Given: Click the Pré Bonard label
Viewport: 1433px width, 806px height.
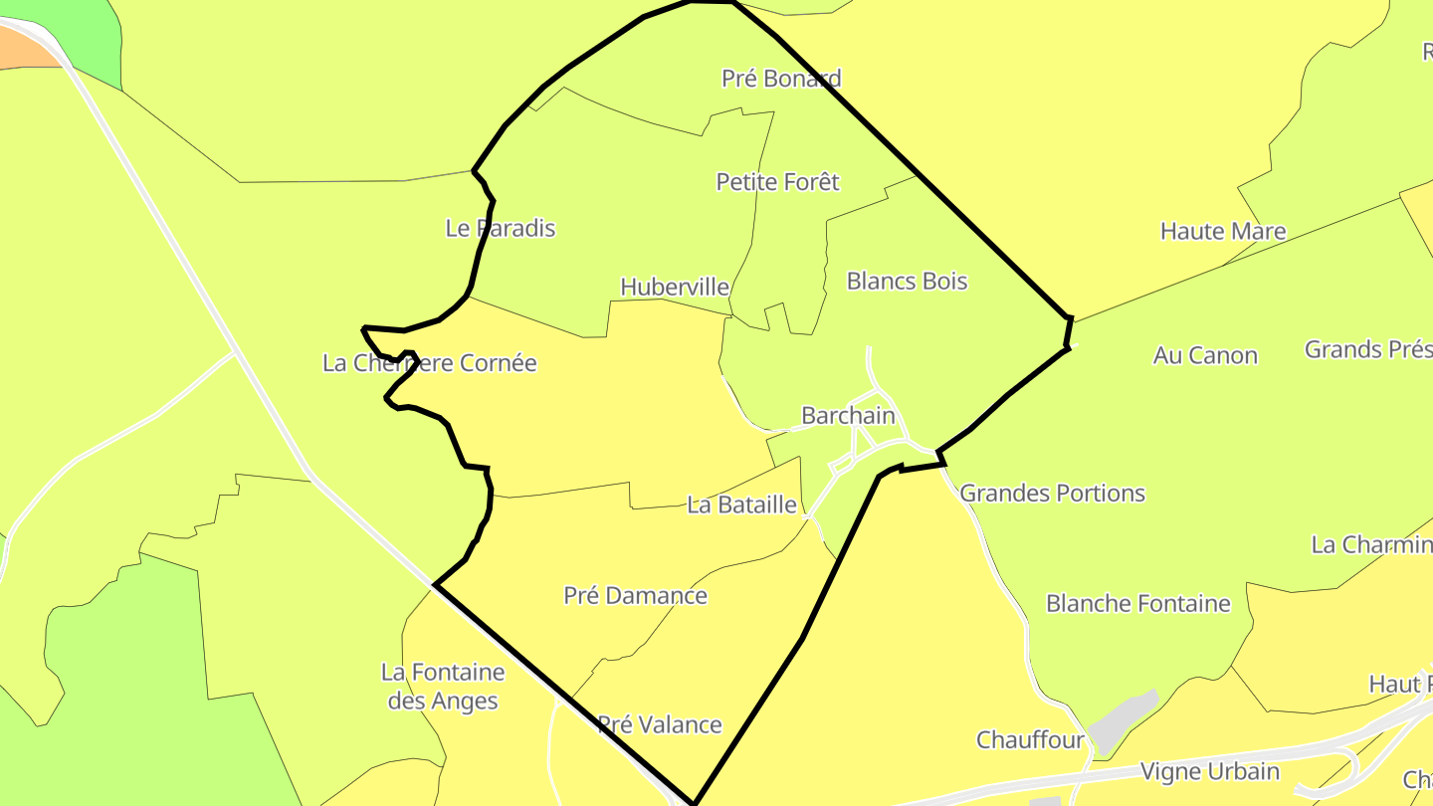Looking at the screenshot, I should point(781,79).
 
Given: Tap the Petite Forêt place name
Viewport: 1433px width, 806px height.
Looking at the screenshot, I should point(777,182).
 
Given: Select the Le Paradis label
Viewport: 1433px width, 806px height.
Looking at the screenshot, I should point(500,228).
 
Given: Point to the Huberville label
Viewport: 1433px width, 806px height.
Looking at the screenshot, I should point(674,288).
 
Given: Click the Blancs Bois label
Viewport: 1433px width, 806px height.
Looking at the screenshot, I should point(907,282).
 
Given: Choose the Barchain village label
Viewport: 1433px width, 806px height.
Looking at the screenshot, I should point(848,416).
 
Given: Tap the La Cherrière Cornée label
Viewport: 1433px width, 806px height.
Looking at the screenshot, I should point(429,363).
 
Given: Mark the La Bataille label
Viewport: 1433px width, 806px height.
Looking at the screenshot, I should point(741,505).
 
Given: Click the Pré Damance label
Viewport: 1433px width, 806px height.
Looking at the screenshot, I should point(635,596).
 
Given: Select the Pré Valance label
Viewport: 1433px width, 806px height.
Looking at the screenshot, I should point(659,724).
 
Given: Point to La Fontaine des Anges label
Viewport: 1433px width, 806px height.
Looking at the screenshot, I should point(443,687).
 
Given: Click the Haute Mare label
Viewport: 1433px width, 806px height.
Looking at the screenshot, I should point(1223,232).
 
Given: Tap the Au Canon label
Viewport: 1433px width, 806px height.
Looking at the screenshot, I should point(1205,355).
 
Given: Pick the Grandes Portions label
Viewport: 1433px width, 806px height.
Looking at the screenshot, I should point(1052,494).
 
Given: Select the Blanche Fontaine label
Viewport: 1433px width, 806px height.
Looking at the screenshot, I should point(1137,604).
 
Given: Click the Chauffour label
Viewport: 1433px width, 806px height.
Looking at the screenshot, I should point(1030,740).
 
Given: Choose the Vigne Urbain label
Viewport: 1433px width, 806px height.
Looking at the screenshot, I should point(1209,771).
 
